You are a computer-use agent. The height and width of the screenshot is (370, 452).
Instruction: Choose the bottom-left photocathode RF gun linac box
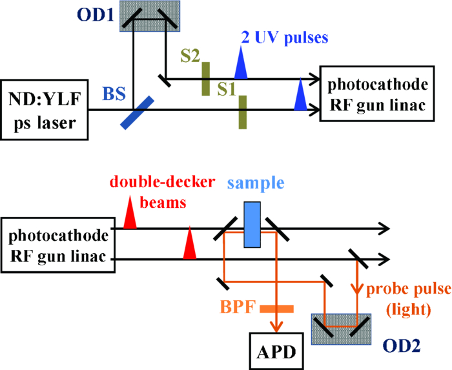[x=57, y=243]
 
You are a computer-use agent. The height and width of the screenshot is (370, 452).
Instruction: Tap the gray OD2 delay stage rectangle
[x=341, y=328]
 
